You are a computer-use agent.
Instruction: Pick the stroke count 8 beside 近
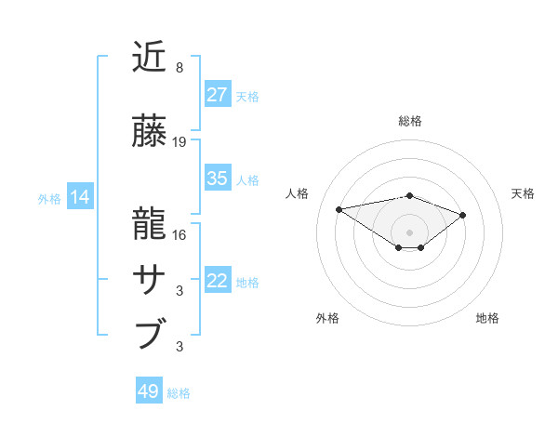179,68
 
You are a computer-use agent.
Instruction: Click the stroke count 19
179,141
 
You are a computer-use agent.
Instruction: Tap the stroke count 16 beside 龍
179,234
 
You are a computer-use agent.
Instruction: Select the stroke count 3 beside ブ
179,347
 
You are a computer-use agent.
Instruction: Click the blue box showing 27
218,94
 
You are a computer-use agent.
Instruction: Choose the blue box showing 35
218,179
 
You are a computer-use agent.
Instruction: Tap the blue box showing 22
218,281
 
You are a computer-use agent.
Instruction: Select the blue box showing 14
80,197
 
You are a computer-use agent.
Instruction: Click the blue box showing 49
149,391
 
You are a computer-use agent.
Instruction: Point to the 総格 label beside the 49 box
179,393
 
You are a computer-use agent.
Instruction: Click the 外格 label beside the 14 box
49,199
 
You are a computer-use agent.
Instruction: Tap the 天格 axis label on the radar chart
523,193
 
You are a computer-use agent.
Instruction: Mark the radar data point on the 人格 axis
339,208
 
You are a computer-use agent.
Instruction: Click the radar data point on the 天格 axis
462,215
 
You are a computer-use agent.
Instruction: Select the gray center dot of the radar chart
409,232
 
